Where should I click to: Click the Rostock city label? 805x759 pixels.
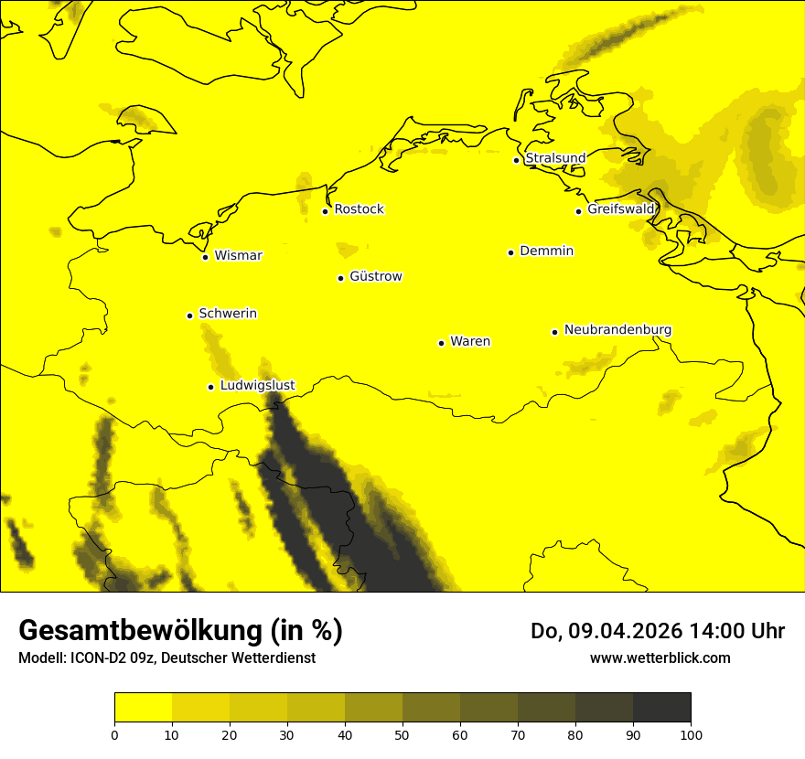[360, 209]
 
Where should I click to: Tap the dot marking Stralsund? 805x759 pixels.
[516, 160]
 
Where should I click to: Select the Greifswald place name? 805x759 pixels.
[621, 209]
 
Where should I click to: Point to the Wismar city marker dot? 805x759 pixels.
[206, 257]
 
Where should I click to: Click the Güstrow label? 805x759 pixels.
[376, 276]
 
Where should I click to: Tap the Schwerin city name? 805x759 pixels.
[228, 314]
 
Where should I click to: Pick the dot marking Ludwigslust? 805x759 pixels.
[210, 387]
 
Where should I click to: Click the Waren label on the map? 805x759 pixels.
[470, 341]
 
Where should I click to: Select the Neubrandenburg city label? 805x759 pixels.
[617, 329]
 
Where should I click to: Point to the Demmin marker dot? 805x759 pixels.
[510, 252]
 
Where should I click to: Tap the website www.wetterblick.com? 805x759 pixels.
[660, 658]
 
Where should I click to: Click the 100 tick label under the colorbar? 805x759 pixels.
[691, 734]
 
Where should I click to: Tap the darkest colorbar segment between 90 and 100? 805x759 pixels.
[661, 707]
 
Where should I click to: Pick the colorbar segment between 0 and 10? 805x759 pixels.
[143, 707]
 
